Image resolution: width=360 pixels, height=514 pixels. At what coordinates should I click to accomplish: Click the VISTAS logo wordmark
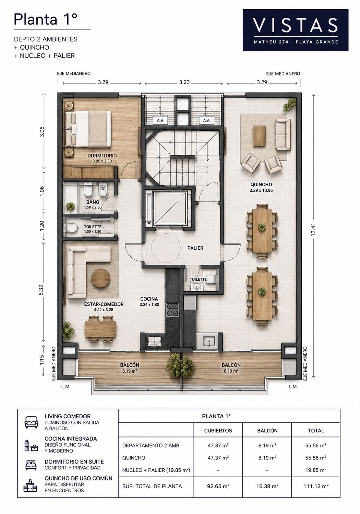[295, 25]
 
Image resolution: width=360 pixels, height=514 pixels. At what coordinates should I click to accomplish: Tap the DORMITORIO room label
[102, 155]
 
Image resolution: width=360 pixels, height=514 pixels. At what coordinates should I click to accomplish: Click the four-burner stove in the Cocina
[173, 310]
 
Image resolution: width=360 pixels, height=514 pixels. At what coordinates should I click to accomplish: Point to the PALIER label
[195, 248]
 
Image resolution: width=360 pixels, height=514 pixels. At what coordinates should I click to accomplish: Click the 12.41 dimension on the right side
[313, 230]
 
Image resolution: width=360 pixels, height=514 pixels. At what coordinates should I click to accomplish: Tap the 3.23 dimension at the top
[184, 82]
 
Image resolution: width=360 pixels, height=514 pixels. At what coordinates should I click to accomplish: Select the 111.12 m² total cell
[316, 486]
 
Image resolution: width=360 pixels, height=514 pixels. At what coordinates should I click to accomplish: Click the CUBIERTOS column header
[218, 431]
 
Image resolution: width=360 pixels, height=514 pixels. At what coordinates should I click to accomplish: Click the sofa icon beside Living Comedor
[32, 422]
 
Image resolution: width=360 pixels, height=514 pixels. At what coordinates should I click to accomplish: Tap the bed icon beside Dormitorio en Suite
[31, 465]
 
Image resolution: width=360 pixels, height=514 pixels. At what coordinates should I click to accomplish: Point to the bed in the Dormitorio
[88, 129]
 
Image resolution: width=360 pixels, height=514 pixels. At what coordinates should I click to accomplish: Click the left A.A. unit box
[160, 120]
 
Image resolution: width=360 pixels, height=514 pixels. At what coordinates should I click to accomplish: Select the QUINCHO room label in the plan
[261, 184]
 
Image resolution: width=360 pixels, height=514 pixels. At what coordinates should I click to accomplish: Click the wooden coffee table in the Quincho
[259, 136]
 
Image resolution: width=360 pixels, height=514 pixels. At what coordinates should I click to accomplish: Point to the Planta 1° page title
[45, 19]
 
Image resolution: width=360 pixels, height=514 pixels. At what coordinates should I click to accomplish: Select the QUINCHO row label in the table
[134, 458]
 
